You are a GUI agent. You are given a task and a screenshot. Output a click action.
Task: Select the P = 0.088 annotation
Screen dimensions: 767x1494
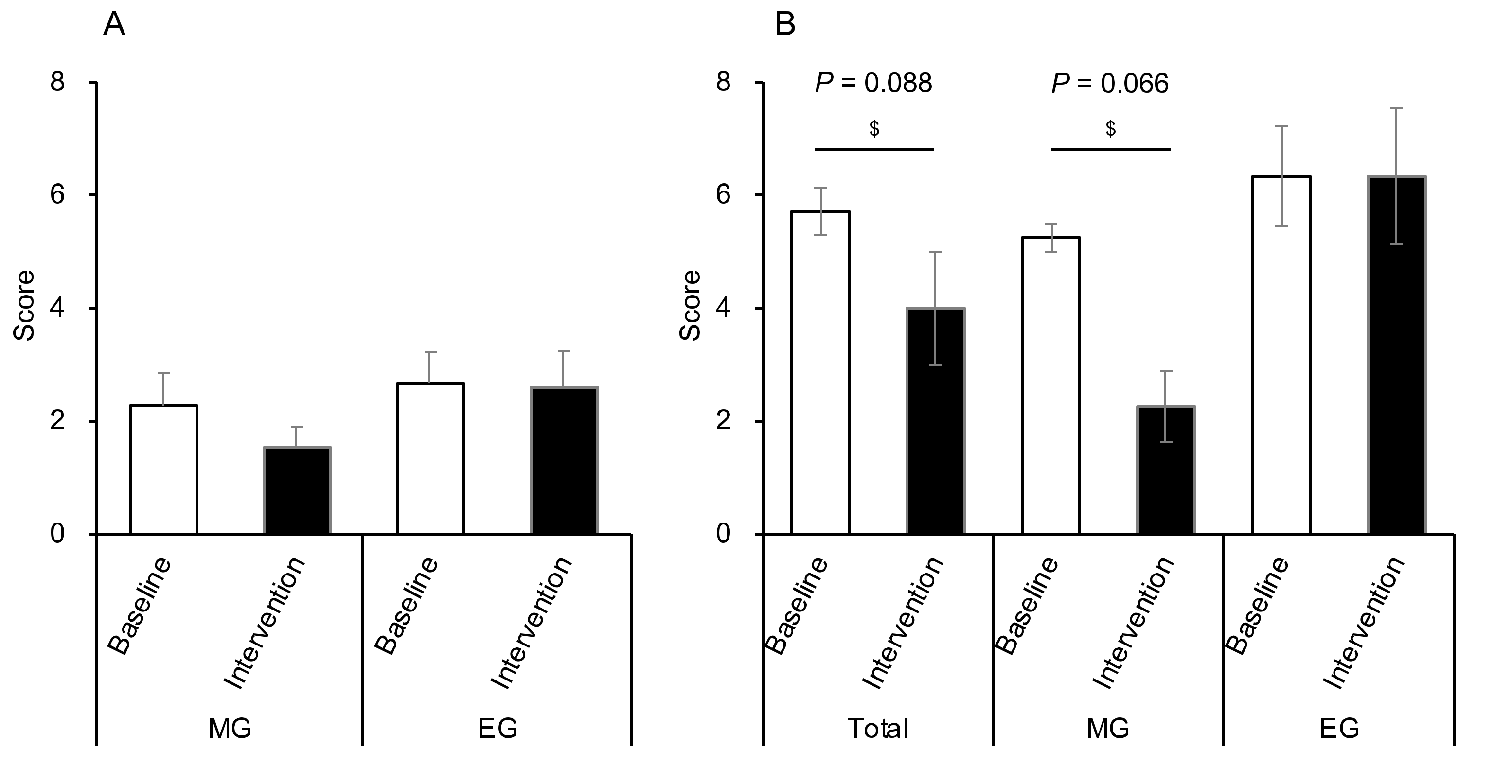point(873,84)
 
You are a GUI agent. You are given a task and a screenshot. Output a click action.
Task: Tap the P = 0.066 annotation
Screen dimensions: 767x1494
point(1110,84)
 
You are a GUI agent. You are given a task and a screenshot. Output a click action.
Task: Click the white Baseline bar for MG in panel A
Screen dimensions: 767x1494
point(163,470)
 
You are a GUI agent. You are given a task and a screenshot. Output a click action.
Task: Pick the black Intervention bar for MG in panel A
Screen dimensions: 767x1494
point(297,491)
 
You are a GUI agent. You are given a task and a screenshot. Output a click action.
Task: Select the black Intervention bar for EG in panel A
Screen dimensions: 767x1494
point(564,461)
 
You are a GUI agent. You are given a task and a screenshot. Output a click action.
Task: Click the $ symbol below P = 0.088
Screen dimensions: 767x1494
point(874,129)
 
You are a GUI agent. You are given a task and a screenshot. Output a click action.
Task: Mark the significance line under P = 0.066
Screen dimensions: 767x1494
point(1110,149)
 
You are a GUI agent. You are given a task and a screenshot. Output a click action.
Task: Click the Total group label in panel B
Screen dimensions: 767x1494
point(877,729)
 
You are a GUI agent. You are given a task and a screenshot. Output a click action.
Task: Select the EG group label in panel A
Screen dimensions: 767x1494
point(497,729)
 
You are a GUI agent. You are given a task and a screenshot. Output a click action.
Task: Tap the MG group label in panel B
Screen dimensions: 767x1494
point(1108,729)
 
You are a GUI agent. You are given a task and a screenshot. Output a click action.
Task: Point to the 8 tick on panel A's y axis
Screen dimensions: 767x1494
point(58,82)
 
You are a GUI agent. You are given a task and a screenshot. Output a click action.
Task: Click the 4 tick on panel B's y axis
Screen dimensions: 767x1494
point(723,309)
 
